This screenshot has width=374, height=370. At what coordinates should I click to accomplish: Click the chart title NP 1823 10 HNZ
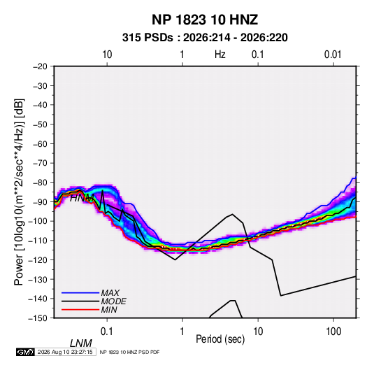coord(205,20)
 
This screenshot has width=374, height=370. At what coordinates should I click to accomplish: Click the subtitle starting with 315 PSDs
coord(205,38)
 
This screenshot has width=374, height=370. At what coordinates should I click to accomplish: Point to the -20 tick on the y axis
coord(40,66)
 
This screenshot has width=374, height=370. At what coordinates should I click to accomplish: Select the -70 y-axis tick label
coord(40,163)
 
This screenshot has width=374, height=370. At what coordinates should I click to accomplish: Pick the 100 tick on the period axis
coord(333,332)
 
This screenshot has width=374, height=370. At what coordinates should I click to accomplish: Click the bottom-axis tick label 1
coord(182,332)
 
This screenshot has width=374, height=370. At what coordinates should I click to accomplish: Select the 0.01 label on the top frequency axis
coord(333,55)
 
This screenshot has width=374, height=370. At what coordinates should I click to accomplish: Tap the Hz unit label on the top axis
coord(220,55)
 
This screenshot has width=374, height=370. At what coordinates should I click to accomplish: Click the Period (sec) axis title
coord(220,339)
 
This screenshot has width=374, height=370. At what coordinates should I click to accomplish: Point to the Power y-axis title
coord(19,192)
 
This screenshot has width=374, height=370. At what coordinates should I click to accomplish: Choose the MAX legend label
coord(110,292)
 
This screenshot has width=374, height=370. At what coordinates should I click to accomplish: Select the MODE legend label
coord(113,301)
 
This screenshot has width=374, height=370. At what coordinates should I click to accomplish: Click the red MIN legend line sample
coord(80,310)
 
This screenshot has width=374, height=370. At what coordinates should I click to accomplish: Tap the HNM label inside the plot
coord(82,198)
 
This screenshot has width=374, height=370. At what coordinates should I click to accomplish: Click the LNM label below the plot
coord(81,343)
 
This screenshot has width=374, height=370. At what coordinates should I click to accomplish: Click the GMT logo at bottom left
coord(26,352)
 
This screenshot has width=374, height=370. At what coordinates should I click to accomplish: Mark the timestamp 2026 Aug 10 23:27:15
coord(65,352)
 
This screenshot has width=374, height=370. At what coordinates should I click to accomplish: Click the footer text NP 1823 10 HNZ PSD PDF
coord(129,352)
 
